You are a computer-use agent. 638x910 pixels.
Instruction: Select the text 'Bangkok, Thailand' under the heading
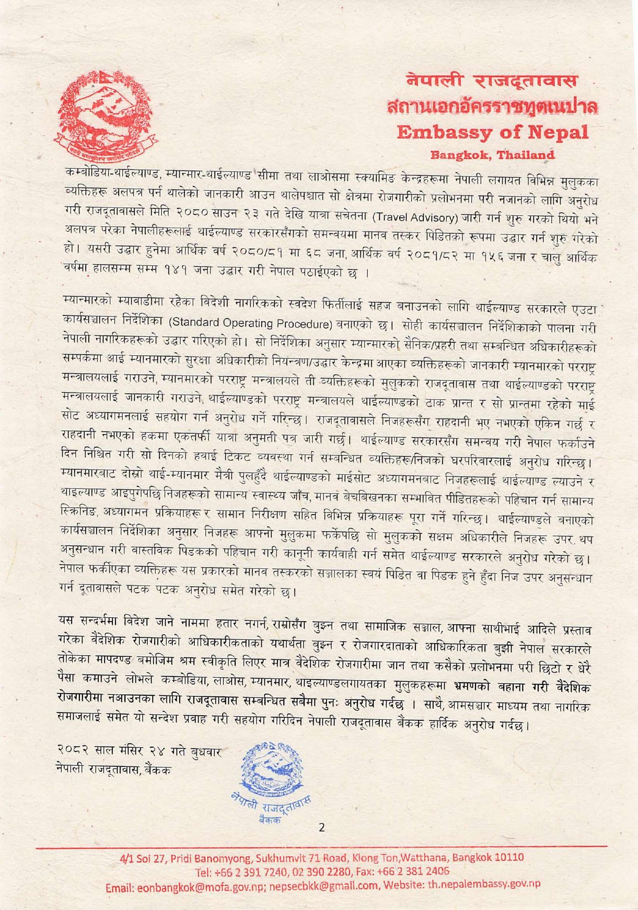pos(492,155)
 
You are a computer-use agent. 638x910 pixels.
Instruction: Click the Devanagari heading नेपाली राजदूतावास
pos(492,81)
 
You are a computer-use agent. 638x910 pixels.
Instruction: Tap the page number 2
pos(321,827)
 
